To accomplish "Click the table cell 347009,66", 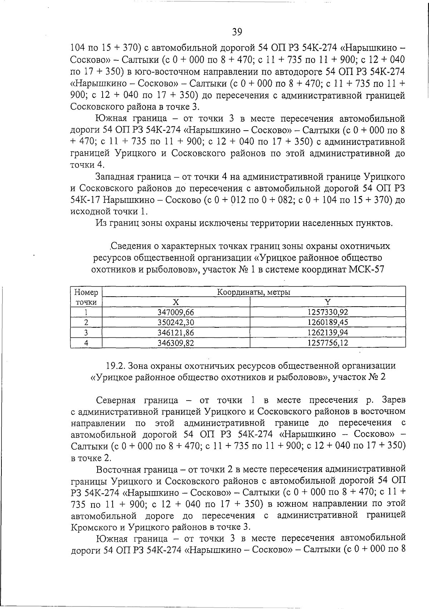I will [176, 312].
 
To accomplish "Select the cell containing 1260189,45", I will [327, 323].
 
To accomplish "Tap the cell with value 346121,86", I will [176, 333].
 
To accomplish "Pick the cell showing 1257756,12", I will [327, 343].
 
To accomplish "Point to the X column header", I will [176, 302].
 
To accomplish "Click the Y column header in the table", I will [327, 302].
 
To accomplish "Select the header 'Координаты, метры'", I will [253, 292].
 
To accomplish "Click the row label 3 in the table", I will [86, 333].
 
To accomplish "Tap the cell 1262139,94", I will [327, 333].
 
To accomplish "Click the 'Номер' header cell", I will [86, 292].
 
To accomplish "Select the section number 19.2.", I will [115, 366].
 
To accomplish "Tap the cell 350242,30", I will [176, 323].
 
